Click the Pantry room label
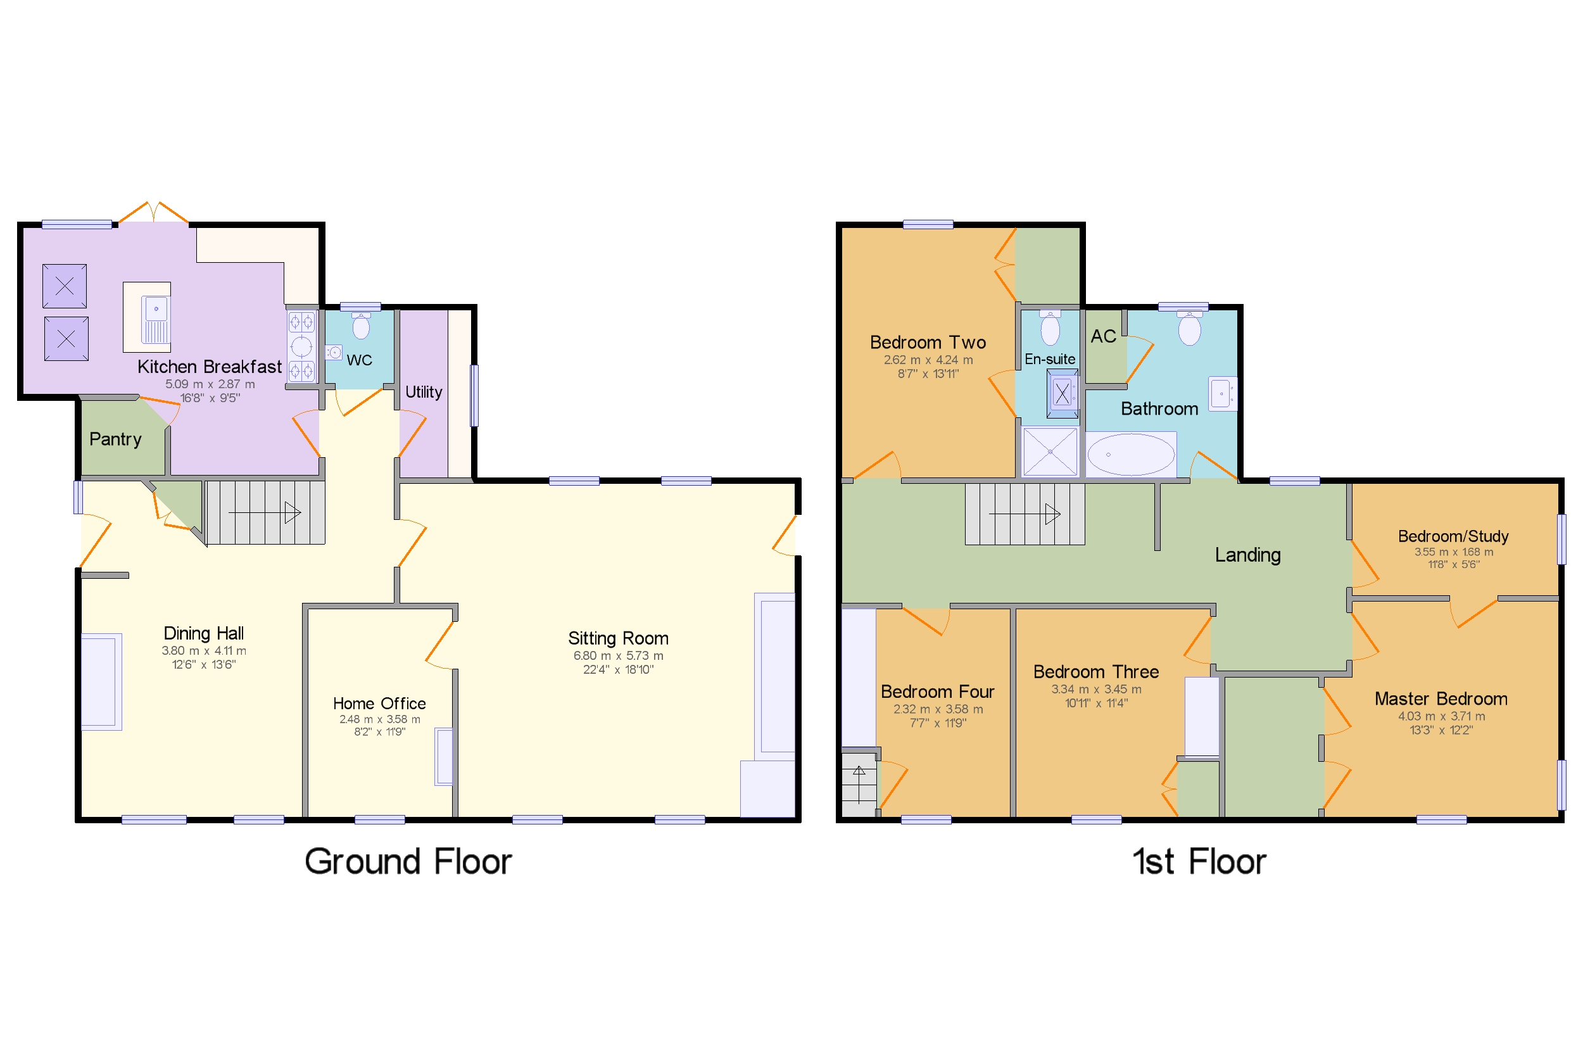115,439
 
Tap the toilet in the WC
362,326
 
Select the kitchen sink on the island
155,319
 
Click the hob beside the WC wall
301,346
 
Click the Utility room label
423,392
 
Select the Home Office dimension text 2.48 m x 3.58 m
379,719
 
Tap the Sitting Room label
617,638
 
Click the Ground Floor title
408,861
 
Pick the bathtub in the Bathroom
1131,455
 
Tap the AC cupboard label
1103,336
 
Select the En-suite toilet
1050,328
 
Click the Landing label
1247,555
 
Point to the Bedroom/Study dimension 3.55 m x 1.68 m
1453,552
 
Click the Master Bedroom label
1441,698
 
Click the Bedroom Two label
928,343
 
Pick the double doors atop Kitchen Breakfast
153,212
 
